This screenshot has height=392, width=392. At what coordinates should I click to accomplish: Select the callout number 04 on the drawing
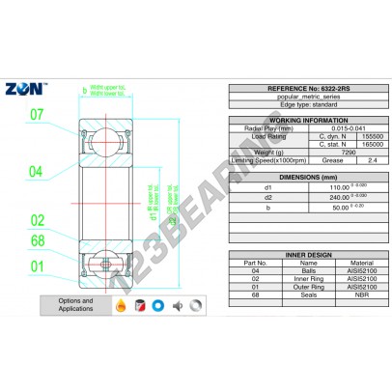click(35, 172)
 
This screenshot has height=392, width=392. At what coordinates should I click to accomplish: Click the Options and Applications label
click(74, 306)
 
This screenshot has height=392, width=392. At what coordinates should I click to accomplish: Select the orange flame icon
click(121, 306)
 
